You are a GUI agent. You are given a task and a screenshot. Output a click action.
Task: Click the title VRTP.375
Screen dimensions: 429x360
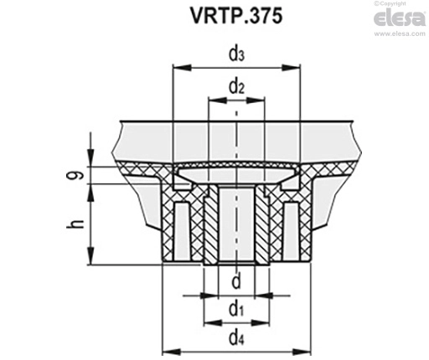tap(236, 16)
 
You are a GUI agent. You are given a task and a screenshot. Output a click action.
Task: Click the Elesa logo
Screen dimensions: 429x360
tap(400, 18)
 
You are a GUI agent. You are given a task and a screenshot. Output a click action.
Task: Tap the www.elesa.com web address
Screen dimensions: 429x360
tap(400, 33)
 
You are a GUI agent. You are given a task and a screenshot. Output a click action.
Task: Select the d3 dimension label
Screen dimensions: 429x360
tap(236, 54)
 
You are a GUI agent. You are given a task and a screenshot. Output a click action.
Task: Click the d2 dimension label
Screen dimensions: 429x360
tap(236, 87)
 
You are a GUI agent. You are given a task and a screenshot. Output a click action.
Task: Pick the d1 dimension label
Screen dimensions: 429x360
tap(236, 310)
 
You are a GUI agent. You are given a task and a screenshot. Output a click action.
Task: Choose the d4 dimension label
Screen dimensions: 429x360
tap(236, 338)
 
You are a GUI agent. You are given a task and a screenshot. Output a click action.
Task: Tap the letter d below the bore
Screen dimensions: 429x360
tap(236, 281)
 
